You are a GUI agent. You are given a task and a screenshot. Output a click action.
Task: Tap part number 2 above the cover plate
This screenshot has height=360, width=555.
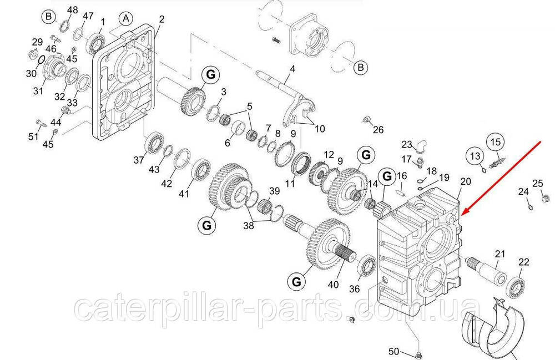(161, 19)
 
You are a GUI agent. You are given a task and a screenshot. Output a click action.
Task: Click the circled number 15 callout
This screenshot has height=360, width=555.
(495, 141)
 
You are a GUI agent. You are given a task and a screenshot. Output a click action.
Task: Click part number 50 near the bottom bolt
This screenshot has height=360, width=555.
(393, 351)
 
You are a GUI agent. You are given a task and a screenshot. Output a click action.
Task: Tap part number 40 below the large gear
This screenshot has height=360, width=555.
(333, 285)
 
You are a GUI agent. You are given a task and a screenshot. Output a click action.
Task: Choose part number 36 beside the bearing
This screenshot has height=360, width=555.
(355, 288)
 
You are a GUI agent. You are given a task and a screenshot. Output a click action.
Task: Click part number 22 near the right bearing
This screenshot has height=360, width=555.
(523, 262)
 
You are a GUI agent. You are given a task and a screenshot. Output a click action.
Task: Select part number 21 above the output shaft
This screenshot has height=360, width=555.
(501, 254)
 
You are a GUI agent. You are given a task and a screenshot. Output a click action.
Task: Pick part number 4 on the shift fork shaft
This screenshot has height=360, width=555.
(292, 69)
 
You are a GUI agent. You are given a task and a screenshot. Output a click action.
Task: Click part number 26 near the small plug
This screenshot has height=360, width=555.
(378, 130)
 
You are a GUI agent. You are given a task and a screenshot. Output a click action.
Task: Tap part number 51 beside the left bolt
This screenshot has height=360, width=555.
(34, 136)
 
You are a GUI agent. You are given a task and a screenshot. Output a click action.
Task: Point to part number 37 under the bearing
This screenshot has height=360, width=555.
(139, 160)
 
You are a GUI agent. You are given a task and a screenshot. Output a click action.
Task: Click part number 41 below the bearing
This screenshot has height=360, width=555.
(184, 194)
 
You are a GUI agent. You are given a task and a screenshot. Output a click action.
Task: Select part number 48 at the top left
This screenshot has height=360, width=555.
(73, 10)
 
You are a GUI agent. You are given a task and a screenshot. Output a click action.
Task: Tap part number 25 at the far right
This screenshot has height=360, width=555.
(538, 184)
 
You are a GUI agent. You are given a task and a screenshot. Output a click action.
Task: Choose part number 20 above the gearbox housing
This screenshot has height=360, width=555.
(465, 181)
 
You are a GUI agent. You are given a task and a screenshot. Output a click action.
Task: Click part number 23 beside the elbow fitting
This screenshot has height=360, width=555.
(407, 145)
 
